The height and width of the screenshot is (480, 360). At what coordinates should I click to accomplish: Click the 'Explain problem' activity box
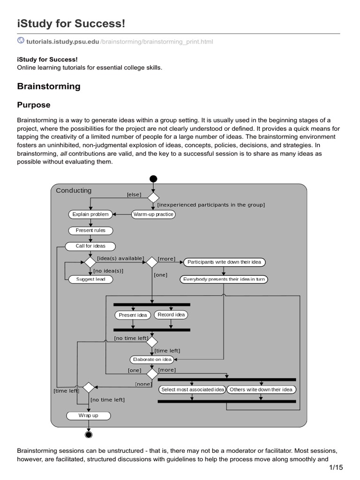(90, 214)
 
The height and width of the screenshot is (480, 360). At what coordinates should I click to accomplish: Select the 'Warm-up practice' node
(153, 214)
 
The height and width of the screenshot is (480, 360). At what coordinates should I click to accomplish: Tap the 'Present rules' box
(90, 230)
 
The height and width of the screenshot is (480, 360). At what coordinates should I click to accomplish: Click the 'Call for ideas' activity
(90, 246)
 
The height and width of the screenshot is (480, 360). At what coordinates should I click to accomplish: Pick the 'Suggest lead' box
(90, 279)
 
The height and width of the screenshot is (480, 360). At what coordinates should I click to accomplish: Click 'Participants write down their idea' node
(224, 262)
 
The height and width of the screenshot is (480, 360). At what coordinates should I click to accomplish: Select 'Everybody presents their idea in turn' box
(223, 279)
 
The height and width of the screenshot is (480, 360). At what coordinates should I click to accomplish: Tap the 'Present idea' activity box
(133, 315)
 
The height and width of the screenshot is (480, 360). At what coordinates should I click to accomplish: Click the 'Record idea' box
(171, 315)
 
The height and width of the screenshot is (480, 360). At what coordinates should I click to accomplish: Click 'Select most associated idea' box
(192, 390)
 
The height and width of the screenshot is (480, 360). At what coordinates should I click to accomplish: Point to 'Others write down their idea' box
(261, 390)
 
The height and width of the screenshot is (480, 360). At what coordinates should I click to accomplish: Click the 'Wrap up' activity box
(88, 415)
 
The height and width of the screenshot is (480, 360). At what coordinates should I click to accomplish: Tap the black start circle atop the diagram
(153, 179)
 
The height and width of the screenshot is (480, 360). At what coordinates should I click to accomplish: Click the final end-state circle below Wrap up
(89, 435)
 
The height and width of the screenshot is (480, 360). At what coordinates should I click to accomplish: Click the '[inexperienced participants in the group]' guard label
(211, 205)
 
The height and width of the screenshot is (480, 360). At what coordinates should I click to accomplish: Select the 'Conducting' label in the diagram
(74, 190)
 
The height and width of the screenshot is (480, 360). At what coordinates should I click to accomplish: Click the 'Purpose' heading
(34, 105)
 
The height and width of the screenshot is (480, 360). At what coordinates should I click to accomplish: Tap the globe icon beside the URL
(21, 41)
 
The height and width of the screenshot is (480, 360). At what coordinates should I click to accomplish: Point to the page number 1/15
(336, 467)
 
